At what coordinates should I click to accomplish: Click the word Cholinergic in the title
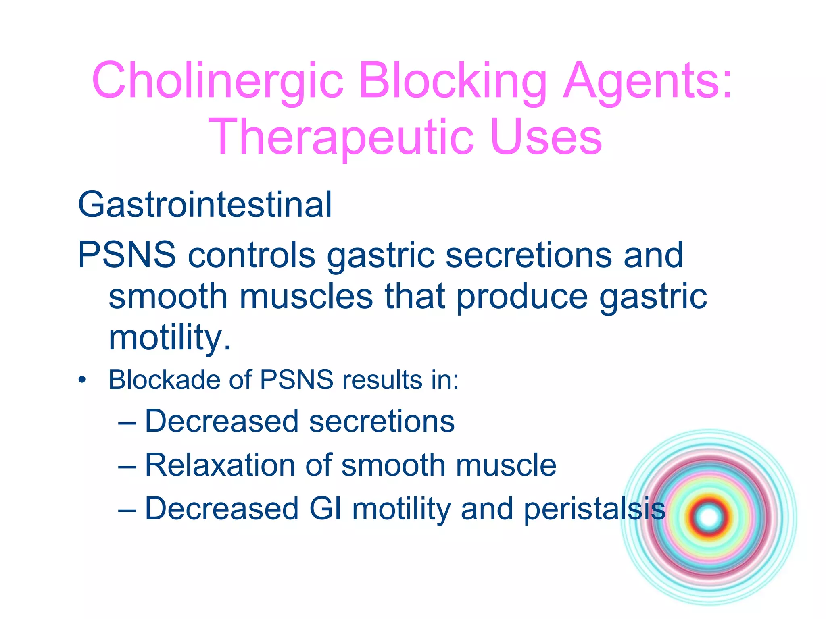click(218, 81)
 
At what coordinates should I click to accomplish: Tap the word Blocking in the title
click(453, 81)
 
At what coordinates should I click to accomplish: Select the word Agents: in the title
click(648, 81)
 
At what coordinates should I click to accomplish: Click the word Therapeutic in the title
click(341, 137)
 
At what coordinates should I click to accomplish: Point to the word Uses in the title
click(546, 137)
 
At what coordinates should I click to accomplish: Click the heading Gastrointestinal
click(205, 205)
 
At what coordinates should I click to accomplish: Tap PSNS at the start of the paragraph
click(127, 255)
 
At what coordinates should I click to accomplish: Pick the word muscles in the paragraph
click(306, 296)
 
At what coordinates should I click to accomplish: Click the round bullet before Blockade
click(82, 380)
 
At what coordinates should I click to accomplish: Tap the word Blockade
click(164, 380)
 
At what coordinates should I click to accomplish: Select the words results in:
click(400, 380)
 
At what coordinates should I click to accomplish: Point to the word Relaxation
click(220, 465)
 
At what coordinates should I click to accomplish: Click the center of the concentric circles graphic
click(709, 517)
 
